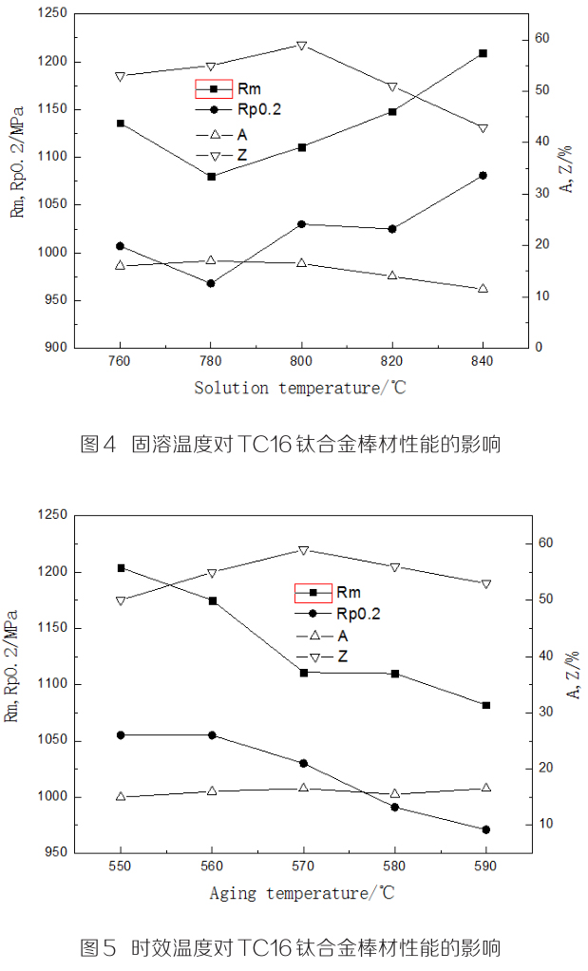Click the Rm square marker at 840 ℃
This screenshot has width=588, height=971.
pyautogui.click(x=483, y=53)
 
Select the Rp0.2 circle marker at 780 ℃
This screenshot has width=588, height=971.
pyautogui.click(x=211, y=283)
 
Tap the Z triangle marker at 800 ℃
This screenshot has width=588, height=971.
pyautogui.click(x=301, y=46)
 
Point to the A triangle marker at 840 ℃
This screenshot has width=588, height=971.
pyautogui.click(x=483, y=288)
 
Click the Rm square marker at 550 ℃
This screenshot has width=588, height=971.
pyautogui.click(x=121, y=568)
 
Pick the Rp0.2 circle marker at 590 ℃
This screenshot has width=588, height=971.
pyautogui.click(x=485, y=829)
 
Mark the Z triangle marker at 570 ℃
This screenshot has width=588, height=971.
pyautogui.click(x=303, y=550)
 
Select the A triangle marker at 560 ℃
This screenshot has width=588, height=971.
pyautogui.click(x=212, y=790)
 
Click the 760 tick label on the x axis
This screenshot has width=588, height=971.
pyautogui.click(x=120, y=362)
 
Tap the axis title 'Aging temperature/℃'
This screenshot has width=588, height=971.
pyautogui.click(x=301, y=893)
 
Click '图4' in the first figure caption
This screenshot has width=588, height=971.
pyautogui.click(x=98, y=443)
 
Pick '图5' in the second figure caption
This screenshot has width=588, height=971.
pyautogui.click(x=98, y=947)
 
